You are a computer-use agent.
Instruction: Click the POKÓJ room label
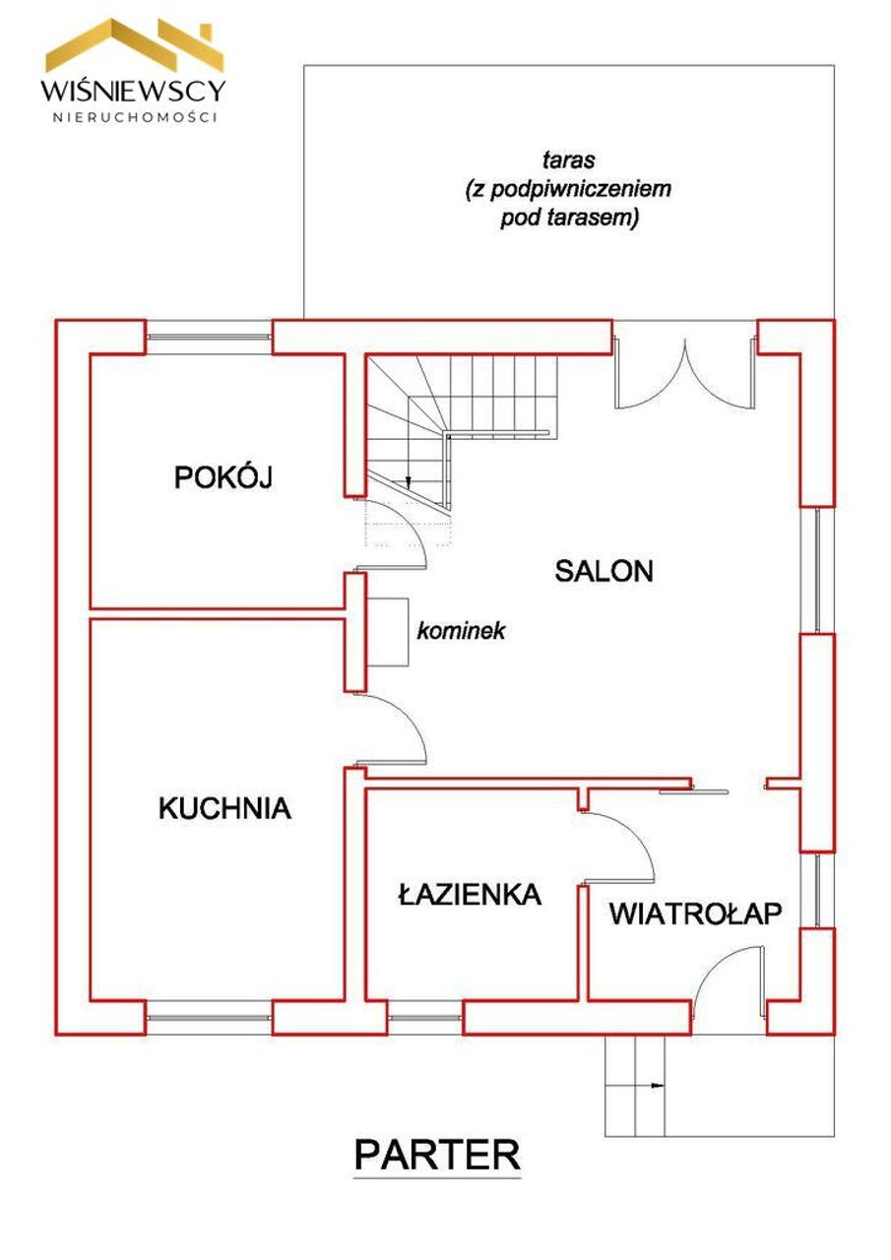point(223,477)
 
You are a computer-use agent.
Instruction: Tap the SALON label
point(604,571)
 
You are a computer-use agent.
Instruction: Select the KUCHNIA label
point(224,809)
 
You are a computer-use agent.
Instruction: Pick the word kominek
point(461,631)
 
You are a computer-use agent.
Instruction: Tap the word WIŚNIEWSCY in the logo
point(133,90)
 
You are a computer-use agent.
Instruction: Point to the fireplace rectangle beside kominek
point(387,632)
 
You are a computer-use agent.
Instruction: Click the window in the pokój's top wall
point(209,337)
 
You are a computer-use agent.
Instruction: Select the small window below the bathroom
point(424,1018)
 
